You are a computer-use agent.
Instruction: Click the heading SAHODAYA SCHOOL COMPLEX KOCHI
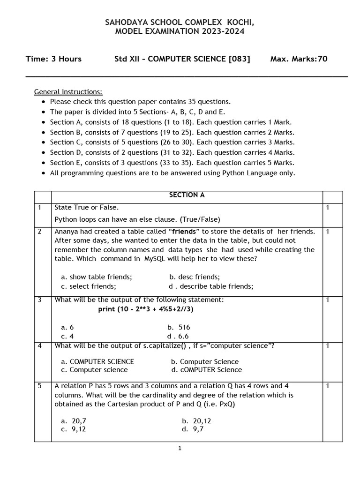click(180, 22)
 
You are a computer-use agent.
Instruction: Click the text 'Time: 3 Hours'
click(53, 59)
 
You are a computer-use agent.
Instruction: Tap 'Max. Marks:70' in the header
click(299, 59)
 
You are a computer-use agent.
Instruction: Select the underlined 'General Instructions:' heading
click(68, 91)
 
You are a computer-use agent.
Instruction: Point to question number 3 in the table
click(40, 300)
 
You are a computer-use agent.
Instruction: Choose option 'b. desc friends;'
click(194, 277)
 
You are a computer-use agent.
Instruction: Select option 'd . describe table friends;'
click(211, 286)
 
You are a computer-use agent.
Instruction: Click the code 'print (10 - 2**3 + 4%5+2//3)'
click(146, 309)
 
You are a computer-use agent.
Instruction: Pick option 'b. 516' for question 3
click(179, 327)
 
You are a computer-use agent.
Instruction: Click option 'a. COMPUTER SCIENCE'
click(97, 361)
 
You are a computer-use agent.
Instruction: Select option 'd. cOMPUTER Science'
click(206, 369)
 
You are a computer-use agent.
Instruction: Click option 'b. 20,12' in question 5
click(196, 421)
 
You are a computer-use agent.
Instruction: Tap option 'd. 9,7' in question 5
click(193, 429)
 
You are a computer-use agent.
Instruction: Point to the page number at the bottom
click(180, 449)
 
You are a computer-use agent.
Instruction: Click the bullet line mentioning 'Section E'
click(172, 163)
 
